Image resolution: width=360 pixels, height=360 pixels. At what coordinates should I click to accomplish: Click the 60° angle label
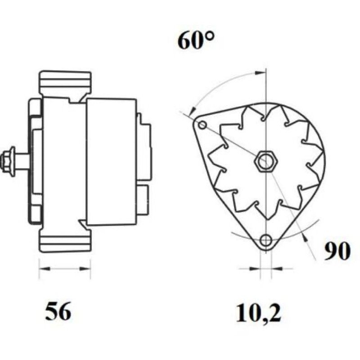coord(196,40)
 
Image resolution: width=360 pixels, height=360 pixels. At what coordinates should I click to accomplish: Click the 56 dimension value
coord(58,311)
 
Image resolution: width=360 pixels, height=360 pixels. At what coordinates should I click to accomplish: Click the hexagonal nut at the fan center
coord(266,161)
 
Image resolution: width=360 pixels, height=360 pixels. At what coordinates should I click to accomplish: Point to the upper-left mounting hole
coord(202,126)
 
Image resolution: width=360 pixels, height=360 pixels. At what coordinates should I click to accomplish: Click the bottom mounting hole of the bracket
coord(266,240)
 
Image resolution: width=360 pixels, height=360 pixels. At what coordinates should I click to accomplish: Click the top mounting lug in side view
coord(65,83)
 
